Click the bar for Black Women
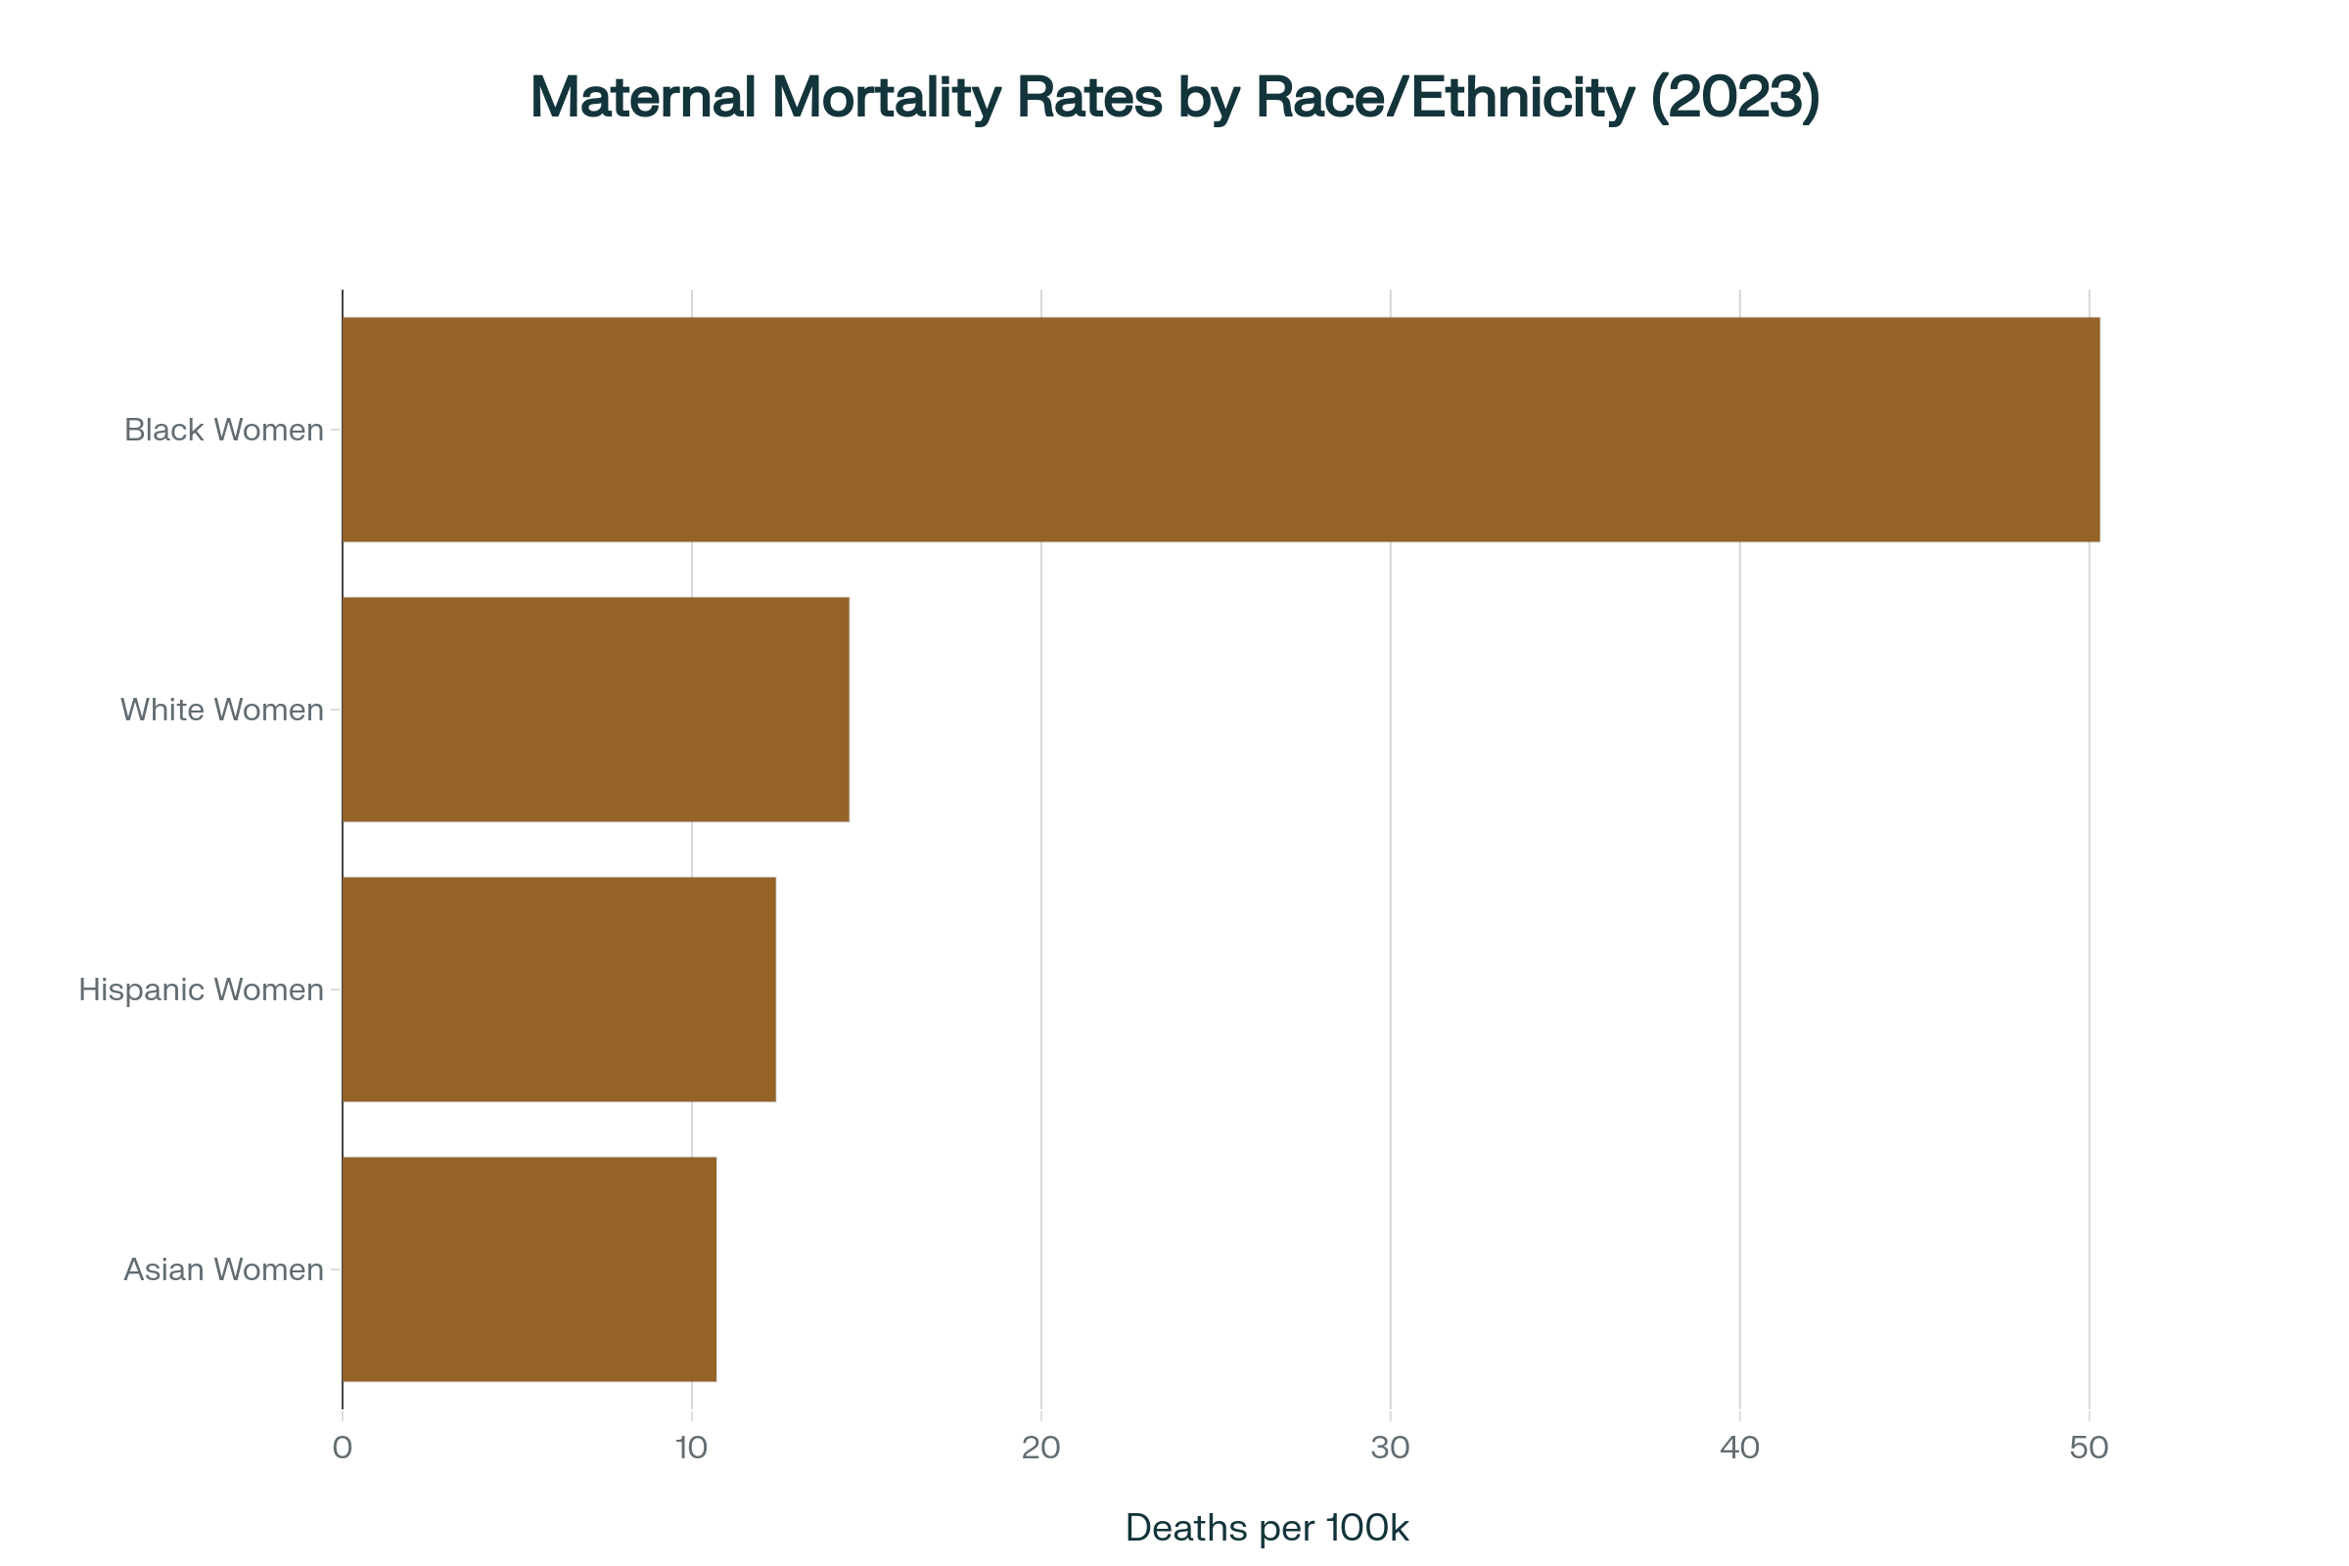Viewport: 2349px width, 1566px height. tap(1221, 430)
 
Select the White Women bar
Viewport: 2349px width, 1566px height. tap(596, 709)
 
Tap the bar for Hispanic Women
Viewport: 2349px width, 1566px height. tap(559, 989)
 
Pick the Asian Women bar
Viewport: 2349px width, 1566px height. tap(530, 1268)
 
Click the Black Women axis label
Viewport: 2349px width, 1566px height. tap(224, 430)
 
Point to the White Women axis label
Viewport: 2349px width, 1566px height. tap(222, 709)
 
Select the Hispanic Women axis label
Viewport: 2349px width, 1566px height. tap(201, 989)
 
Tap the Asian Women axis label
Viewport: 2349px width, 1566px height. tap(224, 1268)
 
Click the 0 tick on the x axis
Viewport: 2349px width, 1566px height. tap(343, 1448)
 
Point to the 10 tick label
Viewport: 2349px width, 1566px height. tap(691, 1448)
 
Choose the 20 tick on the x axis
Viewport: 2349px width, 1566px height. tap(1040, 1448)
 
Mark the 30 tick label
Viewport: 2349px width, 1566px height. tap(1390, 1448)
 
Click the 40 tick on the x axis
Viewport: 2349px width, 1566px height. tap(1740, 1448)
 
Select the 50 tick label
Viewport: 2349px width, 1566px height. tap(2089, 1448)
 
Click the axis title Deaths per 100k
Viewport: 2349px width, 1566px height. tap(1267, 1528)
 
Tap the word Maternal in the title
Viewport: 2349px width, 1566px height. tap(643, 98)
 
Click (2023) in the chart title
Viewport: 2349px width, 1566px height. tap(1734, 98)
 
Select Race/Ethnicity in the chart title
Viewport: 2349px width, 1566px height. tap(1445, 98)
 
